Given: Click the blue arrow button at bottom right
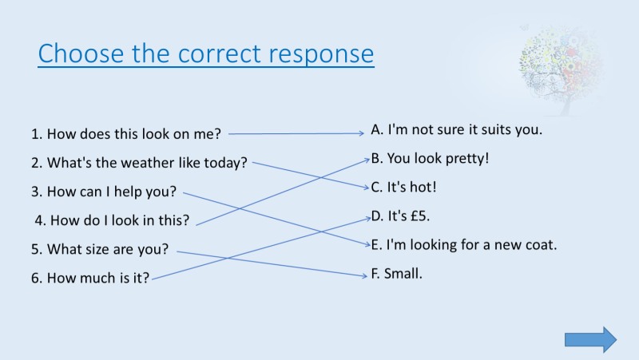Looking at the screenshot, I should click(x=590, y=339).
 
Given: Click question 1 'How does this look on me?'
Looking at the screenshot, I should click(x=125, y=133).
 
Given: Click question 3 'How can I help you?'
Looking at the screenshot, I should click(x=104, y=192).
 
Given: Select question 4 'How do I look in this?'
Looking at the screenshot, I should click(x=112, y=220).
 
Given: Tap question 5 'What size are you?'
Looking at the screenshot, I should click(x=100, y=249).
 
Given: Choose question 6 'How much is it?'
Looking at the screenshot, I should click(x=90, y=279).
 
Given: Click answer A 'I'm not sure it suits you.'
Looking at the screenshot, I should click(x=457, y=129).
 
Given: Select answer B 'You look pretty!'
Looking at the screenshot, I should click(x=430, y=158).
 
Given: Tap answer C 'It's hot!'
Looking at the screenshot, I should click(x=403, y=187).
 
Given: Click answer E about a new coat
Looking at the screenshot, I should click(x=463, y=245).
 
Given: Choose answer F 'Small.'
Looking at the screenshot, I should click(x=396, y=274).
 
